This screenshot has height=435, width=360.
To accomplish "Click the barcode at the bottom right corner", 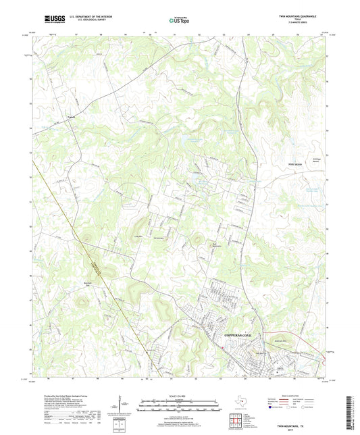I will point(351,405).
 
